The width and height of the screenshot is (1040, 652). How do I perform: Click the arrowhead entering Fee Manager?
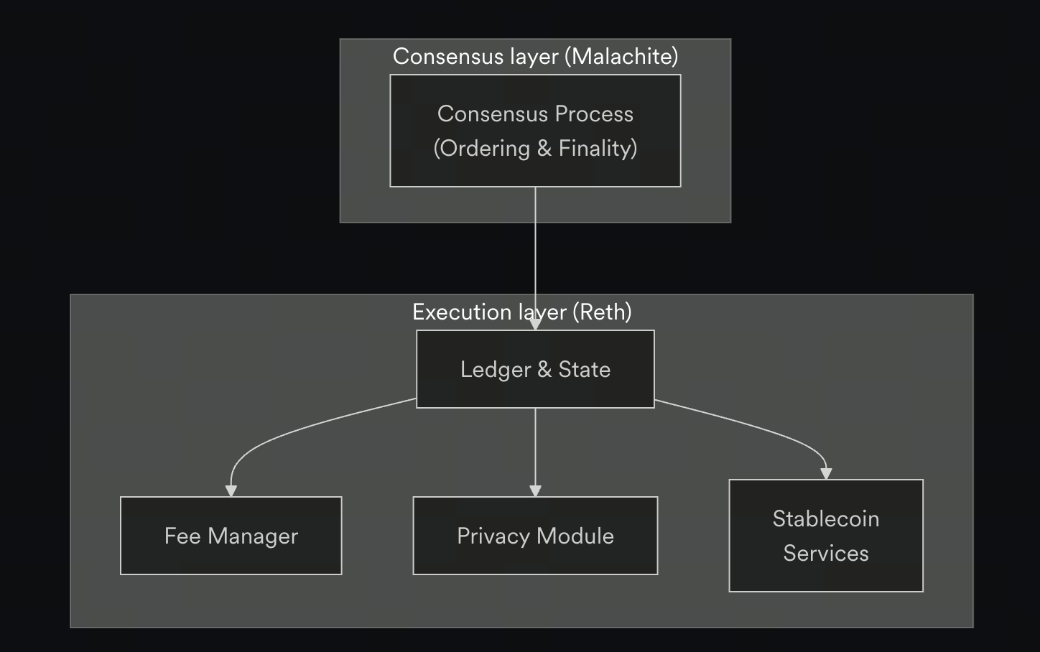tap(231, 490)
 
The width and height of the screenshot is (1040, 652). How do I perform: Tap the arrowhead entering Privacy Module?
tap(535, 490)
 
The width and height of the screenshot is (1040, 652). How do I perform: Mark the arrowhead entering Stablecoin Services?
tap(826, 473)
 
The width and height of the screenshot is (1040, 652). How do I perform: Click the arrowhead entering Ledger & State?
tap(535, 324)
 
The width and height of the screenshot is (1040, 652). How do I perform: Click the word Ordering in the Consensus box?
tap(484, 148)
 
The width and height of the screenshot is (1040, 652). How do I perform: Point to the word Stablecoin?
tap(826, 518)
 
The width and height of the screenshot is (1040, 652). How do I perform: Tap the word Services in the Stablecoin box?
tap(826, 553)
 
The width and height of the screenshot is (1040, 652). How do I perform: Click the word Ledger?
tap(496, 369)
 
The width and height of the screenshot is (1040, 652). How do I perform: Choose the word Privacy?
tap(493, 536)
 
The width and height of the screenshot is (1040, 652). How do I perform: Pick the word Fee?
tap(182, 536)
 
